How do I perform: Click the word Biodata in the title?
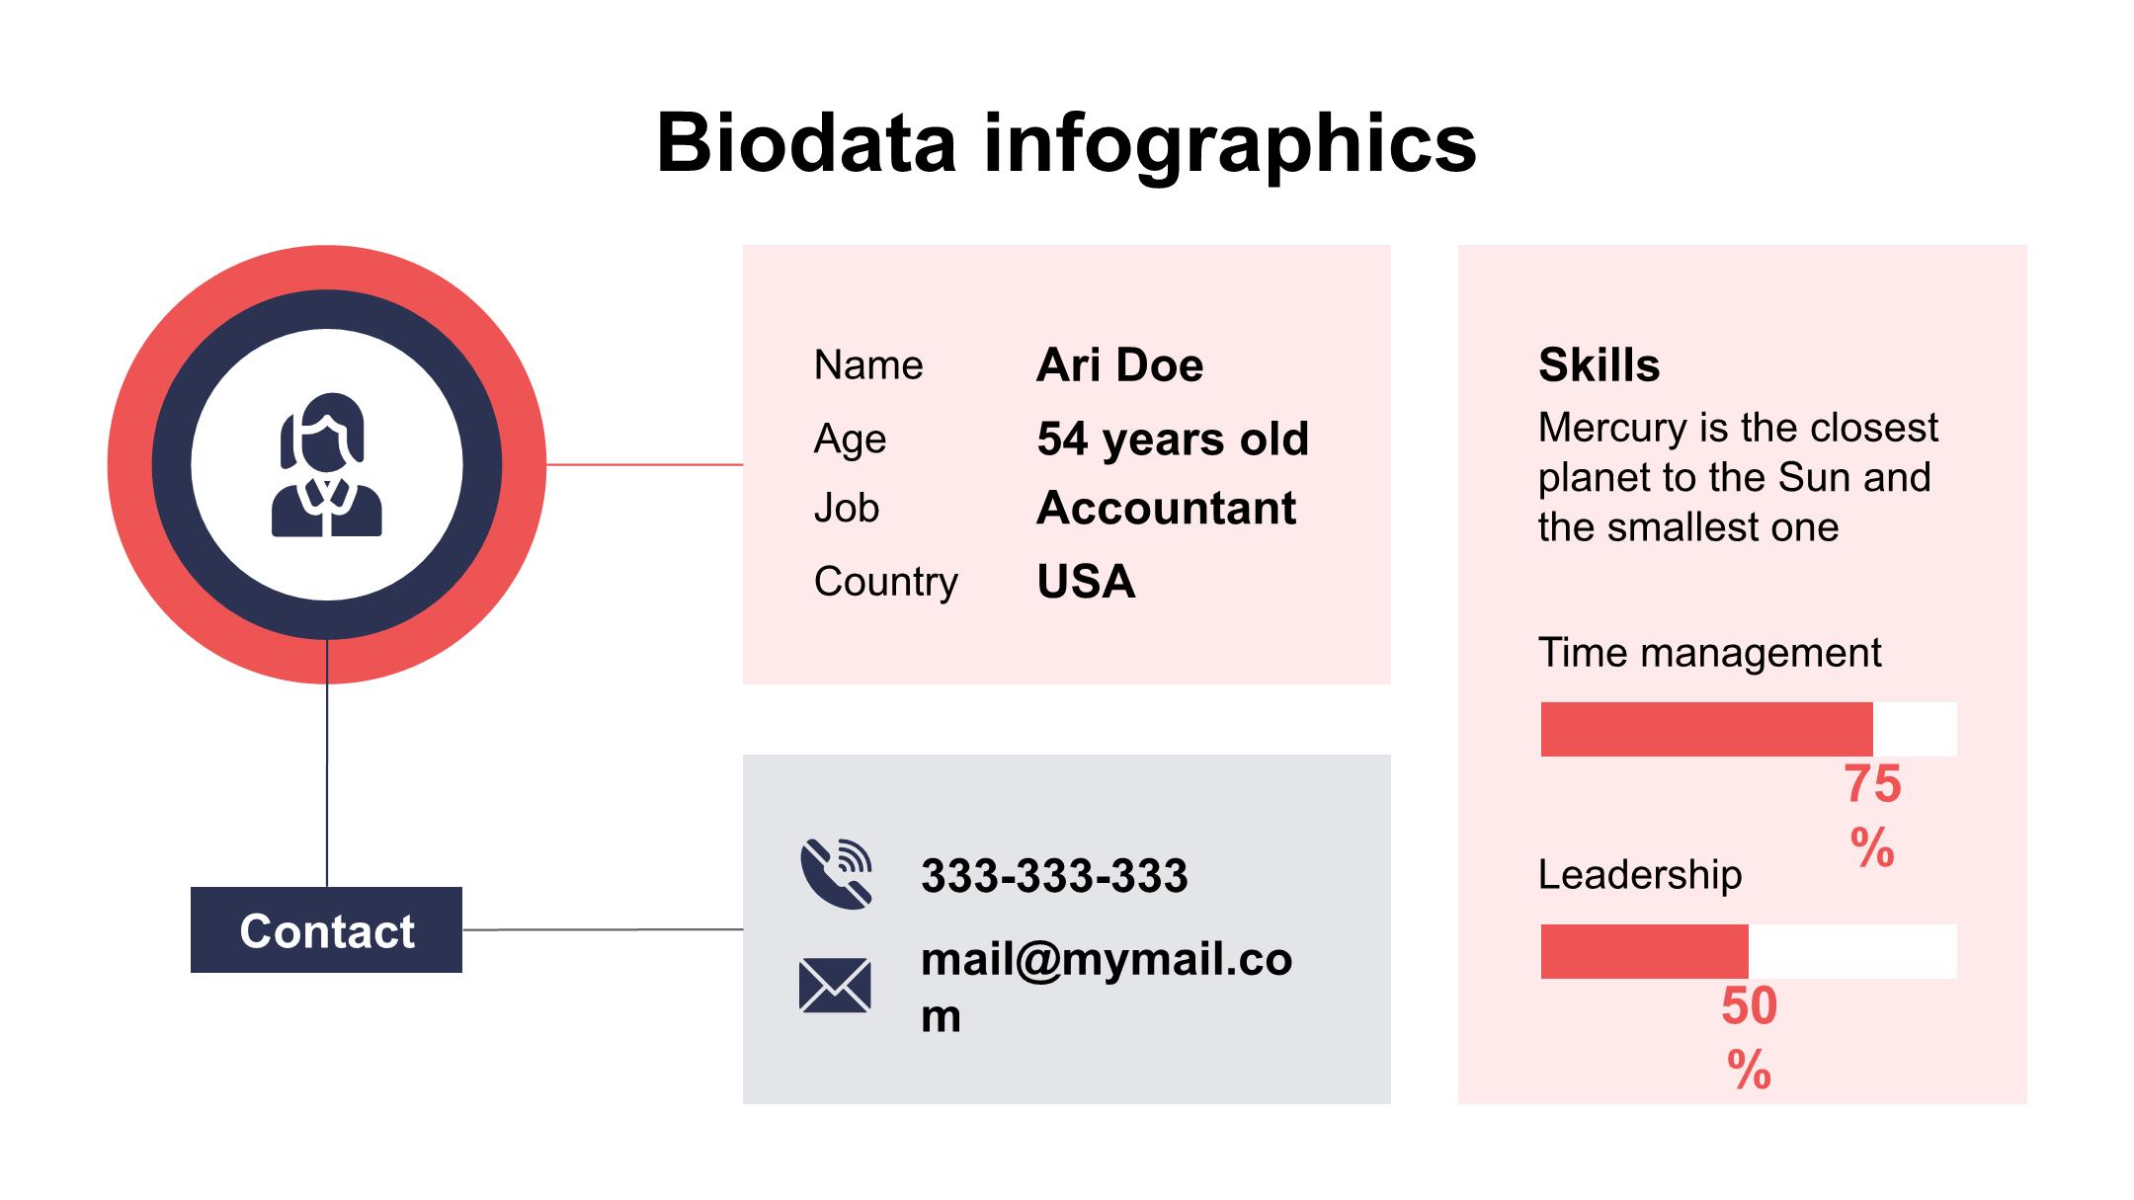click(806, 143)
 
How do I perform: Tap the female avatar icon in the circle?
click(327, 465)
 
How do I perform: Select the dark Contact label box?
click(326, 930)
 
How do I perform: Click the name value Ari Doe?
click(1119, 364)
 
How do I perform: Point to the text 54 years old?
click(1172, 439)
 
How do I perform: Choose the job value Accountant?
click(1166, 509)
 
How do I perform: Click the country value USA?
click(1086, 582)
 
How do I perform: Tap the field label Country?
click(885, 582)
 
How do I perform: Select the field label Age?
click(850, 439)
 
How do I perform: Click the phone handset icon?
click(836, 873)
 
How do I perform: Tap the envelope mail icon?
click(835, 986)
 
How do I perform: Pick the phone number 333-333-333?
click(1054, 876)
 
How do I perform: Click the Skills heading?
click(1599, 364)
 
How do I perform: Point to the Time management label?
click(1709, 653)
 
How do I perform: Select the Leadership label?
click(1640, 875)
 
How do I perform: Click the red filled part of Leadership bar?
click(1644, 951)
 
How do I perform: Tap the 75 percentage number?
click(1872, 785)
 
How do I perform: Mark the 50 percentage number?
click(1749, 1006)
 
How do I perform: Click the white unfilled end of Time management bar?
click(1915, 729)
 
